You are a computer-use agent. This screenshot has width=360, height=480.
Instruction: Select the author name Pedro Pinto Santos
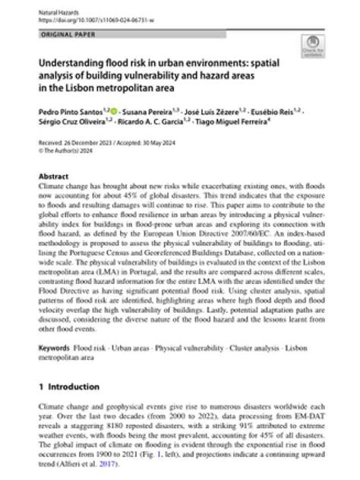click(x=65, y=111)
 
